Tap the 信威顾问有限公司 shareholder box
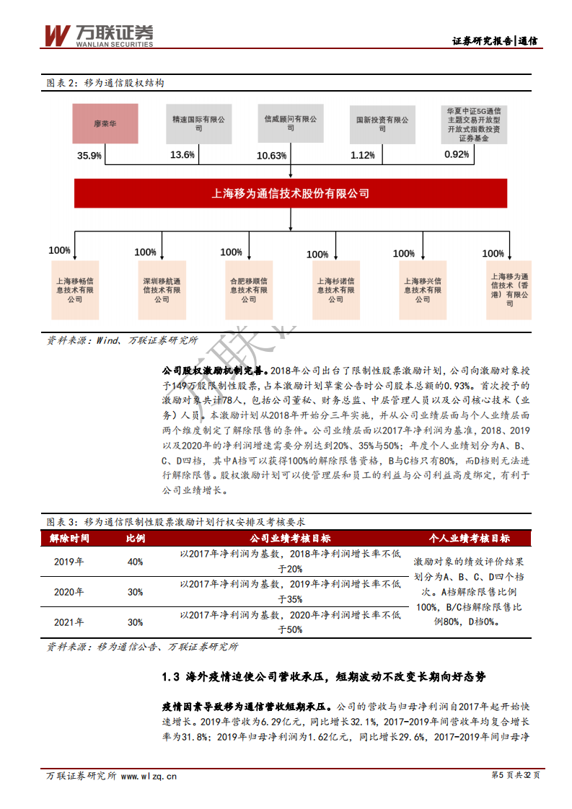tap(290, 123)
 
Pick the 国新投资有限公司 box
tap(382, 123)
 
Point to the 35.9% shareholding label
tap(89, 156)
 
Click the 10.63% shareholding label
tap(272, 156)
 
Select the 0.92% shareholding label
tap(457, 154)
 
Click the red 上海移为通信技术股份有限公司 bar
tap(290, 194)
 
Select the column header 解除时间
tap(69, 538)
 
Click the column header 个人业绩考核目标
tap(469, 538)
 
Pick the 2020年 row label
tap(69, 592)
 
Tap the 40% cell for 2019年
tap(135, 562)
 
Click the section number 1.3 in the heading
tap(170, 677)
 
